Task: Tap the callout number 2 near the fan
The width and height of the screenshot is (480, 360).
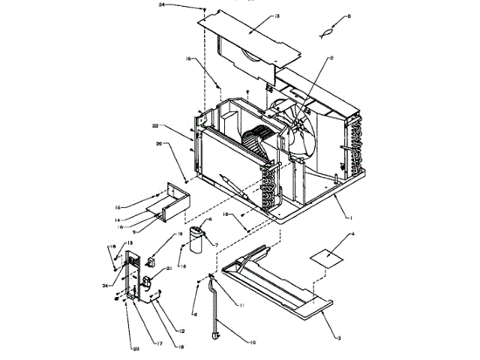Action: click(331, 58)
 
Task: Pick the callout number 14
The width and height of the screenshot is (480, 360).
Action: click(117, 220)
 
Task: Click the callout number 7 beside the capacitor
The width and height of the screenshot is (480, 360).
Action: click(215, 245)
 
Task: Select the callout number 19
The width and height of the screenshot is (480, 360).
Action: click(179, 234)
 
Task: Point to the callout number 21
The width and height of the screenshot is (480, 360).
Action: click(168, 268)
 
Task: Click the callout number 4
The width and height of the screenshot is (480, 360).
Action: click(354, 235)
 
